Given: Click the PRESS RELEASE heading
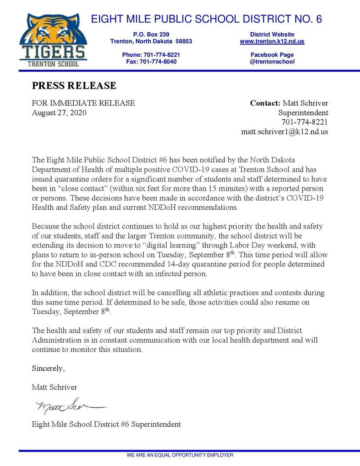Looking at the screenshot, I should (74, 86).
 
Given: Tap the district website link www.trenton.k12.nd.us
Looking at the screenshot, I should (272, 41).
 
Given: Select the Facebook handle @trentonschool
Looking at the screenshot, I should (272, 61).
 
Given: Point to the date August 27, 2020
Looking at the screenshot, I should (59, 113).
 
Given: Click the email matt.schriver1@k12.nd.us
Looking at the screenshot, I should (284, 132).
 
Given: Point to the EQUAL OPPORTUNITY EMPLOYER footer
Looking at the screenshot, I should (180, 455).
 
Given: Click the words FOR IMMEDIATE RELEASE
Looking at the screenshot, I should (83, 103).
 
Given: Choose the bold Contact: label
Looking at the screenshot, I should (265, 103).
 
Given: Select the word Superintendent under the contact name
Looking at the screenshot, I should (303, 113).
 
